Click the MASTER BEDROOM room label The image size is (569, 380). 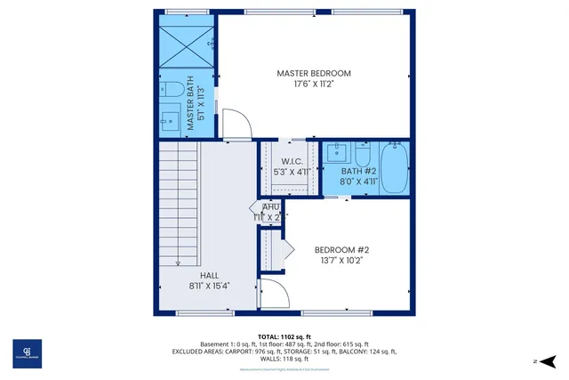314,73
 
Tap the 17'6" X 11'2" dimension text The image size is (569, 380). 314,85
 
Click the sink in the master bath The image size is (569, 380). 170,118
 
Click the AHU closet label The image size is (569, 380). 270,207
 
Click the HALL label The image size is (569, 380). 209,275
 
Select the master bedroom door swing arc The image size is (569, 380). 233,124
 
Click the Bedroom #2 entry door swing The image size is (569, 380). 271,294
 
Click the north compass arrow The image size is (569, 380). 547,360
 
